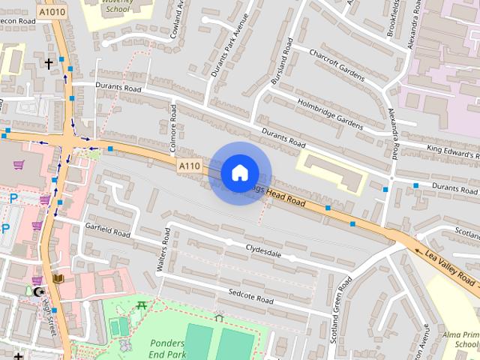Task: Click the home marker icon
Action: pos(239,173)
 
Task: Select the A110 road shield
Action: pos(189,165)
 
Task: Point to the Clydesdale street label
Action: pos(262,250)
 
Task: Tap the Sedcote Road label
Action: pos(250,295)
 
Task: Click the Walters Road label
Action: pos(158,256)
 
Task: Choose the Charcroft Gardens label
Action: pos(338,65)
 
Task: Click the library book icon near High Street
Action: pos(58,279)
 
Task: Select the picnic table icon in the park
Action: pos(141,304)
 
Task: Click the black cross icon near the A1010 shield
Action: pos(49,64)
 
